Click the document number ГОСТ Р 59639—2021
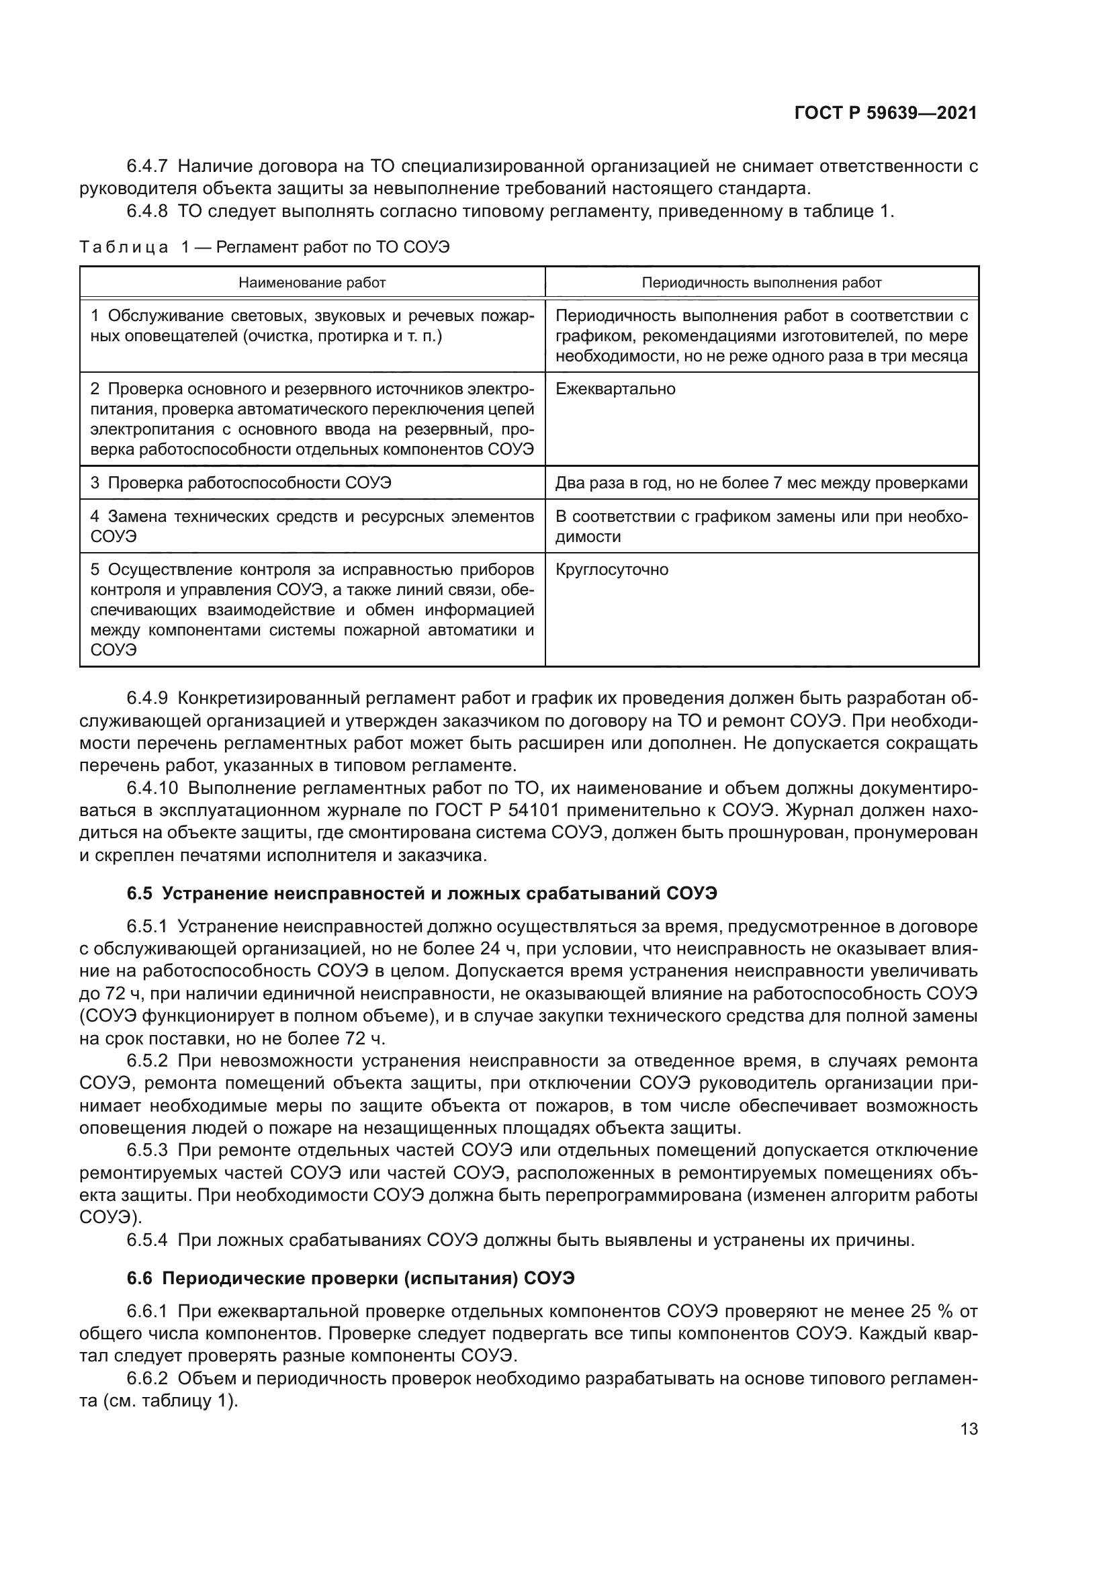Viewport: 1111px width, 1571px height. pos(885,114)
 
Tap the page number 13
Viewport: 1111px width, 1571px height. pos(969,1429)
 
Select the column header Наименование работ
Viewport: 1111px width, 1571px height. pos(312,283)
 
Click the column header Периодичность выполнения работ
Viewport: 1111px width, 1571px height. pos(762,283)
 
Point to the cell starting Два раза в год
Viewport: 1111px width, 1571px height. pos(762,483)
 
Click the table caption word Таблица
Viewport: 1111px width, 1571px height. pos(124,247)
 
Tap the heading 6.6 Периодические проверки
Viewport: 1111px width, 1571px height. pos(351,1277)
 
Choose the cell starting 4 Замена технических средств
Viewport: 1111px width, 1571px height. pos(312,526)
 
